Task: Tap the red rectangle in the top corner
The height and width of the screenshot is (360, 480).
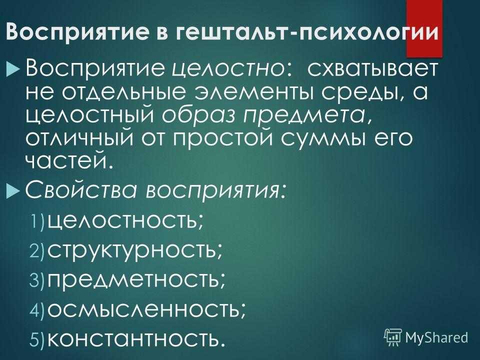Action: [x=424, y=28]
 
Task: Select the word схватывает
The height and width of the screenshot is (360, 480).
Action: [x=372, y=69]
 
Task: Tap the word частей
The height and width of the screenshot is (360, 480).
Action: [x=67, y=161]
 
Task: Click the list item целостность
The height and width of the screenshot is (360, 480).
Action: [x=125, y=220]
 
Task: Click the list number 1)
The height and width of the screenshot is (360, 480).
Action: [x=37, y=221]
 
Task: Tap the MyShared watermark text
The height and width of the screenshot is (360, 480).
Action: [x=436, y=337]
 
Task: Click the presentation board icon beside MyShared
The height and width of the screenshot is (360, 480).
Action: [x=393, y=337]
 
